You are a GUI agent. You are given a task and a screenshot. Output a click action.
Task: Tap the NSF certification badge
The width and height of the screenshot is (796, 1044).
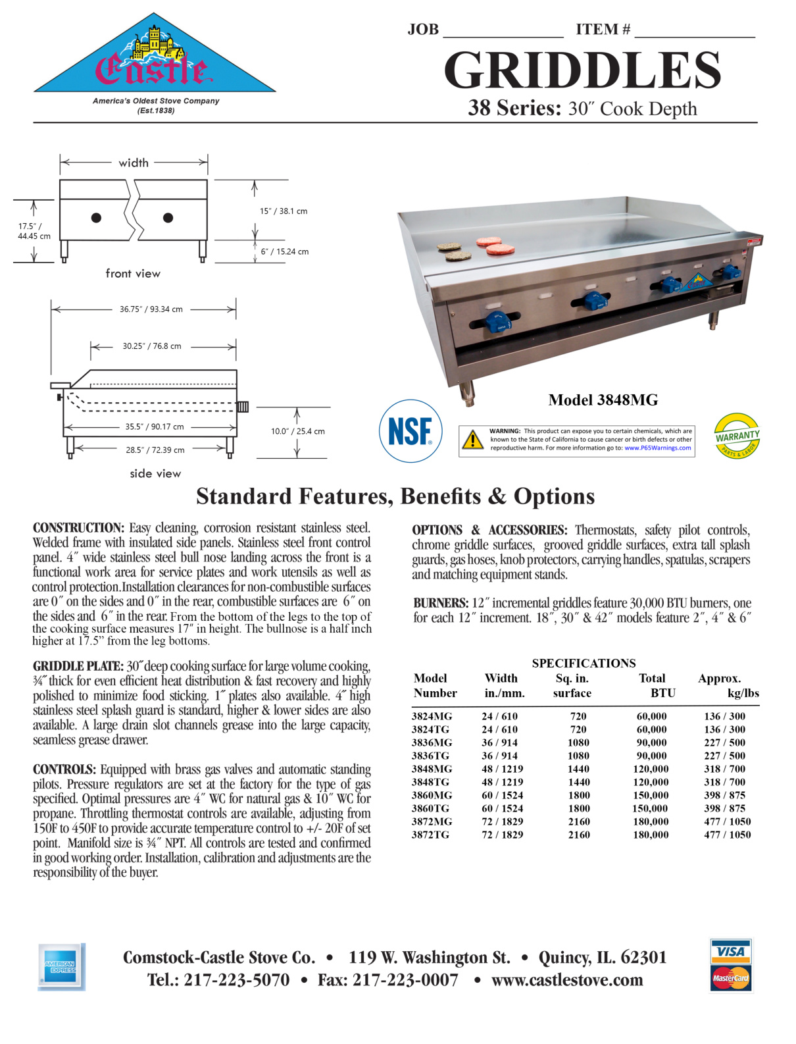pos(410,431)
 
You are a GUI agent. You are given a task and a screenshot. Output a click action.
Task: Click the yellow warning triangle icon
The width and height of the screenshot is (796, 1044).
pos(472,440)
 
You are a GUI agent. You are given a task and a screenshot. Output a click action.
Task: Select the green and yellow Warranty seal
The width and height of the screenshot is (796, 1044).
pos(737,436)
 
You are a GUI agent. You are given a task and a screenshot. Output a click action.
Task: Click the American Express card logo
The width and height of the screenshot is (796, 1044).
pos(61,966)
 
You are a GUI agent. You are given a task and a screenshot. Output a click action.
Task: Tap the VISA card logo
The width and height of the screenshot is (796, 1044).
pos(730,951)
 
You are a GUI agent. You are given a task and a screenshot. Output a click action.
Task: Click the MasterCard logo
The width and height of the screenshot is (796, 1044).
pos(730,978)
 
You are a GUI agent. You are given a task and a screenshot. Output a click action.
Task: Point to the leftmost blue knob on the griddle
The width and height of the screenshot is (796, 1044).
pos(497,322)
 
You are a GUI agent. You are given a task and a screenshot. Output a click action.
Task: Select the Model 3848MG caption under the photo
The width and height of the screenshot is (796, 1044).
pos(603,400)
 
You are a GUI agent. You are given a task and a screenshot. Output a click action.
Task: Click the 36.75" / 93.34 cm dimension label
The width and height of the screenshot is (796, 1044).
pos(151,309)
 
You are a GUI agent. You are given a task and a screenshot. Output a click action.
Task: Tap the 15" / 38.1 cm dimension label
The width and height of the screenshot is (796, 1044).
pos(284,211)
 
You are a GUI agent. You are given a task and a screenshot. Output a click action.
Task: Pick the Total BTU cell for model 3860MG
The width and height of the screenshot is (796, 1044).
pos(651,795)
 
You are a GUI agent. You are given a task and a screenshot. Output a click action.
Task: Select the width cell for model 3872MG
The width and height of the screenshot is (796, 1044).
pos(502,822)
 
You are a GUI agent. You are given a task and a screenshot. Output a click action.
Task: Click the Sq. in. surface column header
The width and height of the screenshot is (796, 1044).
pos(572,685)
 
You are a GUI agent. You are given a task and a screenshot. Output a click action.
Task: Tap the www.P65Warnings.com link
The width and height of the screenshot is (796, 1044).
pos(657,448)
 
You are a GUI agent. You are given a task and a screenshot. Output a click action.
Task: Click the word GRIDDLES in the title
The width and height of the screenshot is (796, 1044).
pos(582,70)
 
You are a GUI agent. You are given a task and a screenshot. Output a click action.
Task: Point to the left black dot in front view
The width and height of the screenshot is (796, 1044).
pos(96,218)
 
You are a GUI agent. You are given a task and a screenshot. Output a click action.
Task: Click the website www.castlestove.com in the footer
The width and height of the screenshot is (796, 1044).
pos(567,980)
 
